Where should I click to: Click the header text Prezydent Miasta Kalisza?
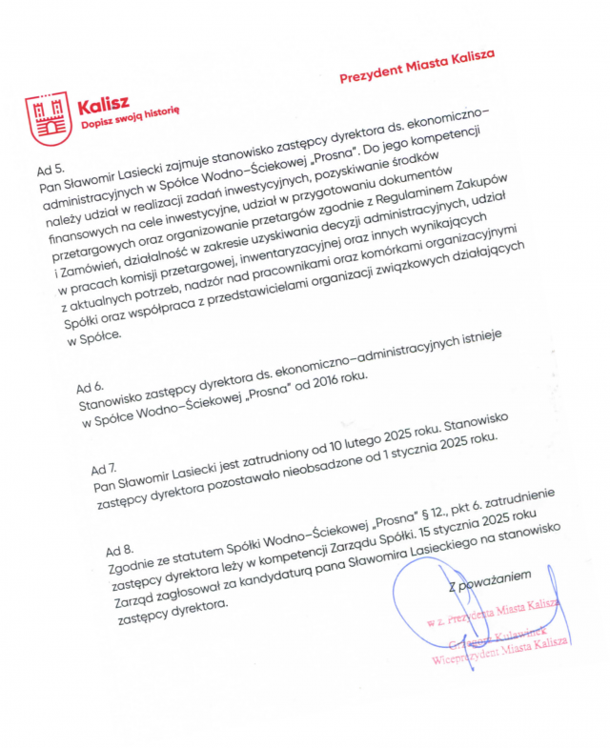tap(417, 68)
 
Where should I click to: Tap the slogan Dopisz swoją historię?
tap(130, 118)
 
